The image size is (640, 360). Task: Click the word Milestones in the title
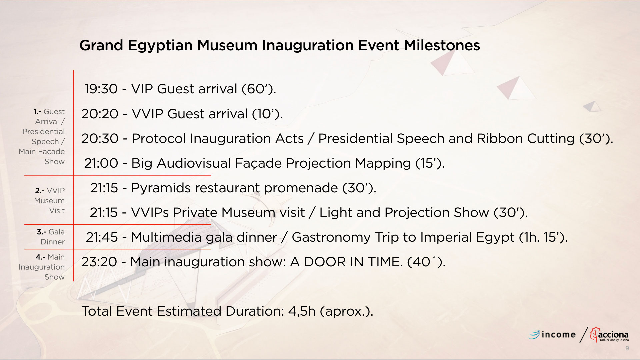pos(442,45)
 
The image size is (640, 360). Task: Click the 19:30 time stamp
pos(101,89)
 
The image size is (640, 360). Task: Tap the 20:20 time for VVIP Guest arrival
pos(100,114)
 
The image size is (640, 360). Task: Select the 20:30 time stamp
pos(100,139)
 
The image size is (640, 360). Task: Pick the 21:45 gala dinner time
pos(102,237)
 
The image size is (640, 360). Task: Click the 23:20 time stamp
pos(99,262)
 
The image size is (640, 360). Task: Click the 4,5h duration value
pos(302,311)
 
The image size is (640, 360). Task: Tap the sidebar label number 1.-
pos(37,112)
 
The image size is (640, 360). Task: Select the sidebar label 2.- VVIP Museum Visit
pos(50,200)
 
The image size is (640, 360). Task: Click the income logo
pos(552,334)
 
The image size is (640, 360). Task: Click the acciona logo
pos(609,335)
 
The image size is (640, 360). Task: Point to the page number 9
pos(627,348)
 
